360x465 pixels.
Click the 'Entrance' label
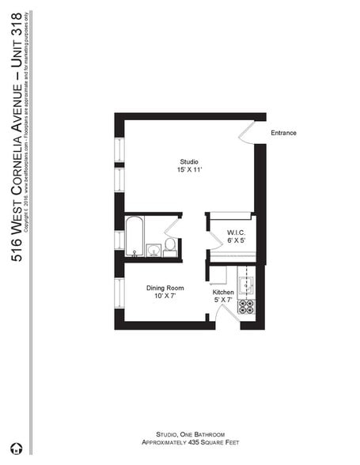click(x=283, y=133)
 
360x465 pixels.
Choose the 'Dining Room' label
click(x=165, y=288)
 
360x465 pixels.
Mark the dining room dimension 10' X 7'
click(x=165, y=297)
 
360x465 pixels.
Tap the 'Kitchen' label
click(x=223, y=293)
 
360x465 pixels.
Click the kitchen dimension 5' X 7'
click(x=223, y=301)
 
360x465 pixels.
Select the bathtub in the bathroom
click(x=134, y=236)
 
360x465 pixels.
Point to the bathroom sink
click(x=152, y=251)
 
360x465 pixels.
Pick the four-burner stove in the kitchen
click(x=247, y=306)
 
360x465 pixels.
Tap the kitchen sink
click(x=247, y=282)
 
